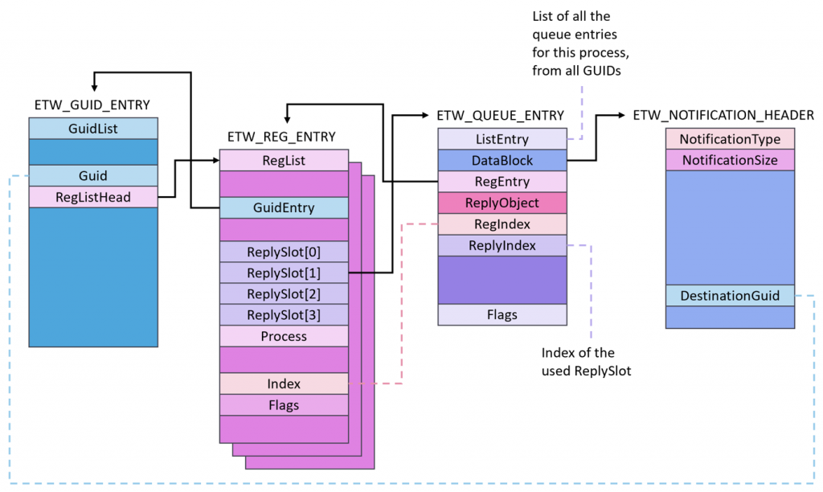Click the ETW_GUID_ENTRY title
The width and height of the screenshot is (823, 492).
(92, 105)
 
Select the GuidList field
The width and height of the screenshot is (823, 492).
(93, 128)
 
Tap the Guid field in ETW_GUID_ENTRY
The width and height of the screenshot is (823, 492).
(93, 175)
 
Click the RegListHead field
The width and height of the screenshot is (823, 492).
(93, 196)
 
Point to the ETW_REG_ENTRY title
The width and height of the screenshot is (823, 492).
(281, 137)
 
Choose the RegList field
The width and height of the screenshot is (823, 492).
(284, 160)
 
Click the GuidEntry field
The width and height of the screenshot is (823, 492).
(284, 207)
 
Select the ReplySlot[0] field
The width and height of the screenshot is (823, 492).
(284, 252)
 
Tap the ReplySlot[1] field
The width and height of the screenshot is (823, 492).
(284, 273)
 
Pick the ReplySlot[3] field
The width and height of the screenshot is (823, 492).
(284, 314)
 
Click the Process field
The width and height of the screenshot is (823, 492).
(284, 336)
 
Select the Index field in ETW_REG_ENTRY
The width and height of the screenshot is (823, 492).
(284, 383)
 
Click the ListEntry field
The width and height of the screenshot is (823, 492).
(502, 139)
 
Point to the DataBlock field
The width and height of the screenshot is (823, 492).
(502, 160)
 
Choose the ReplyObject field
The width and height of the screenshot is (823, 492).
(502, 203)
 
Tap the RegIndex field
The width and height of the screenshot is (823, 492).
(502, 224)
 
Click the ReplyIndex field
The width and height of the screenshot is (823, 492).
(502, 245)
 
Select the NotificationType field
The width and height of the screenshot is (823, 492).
(730, 139)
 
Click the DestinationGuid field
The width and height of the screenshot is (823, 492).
(730, 296)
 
